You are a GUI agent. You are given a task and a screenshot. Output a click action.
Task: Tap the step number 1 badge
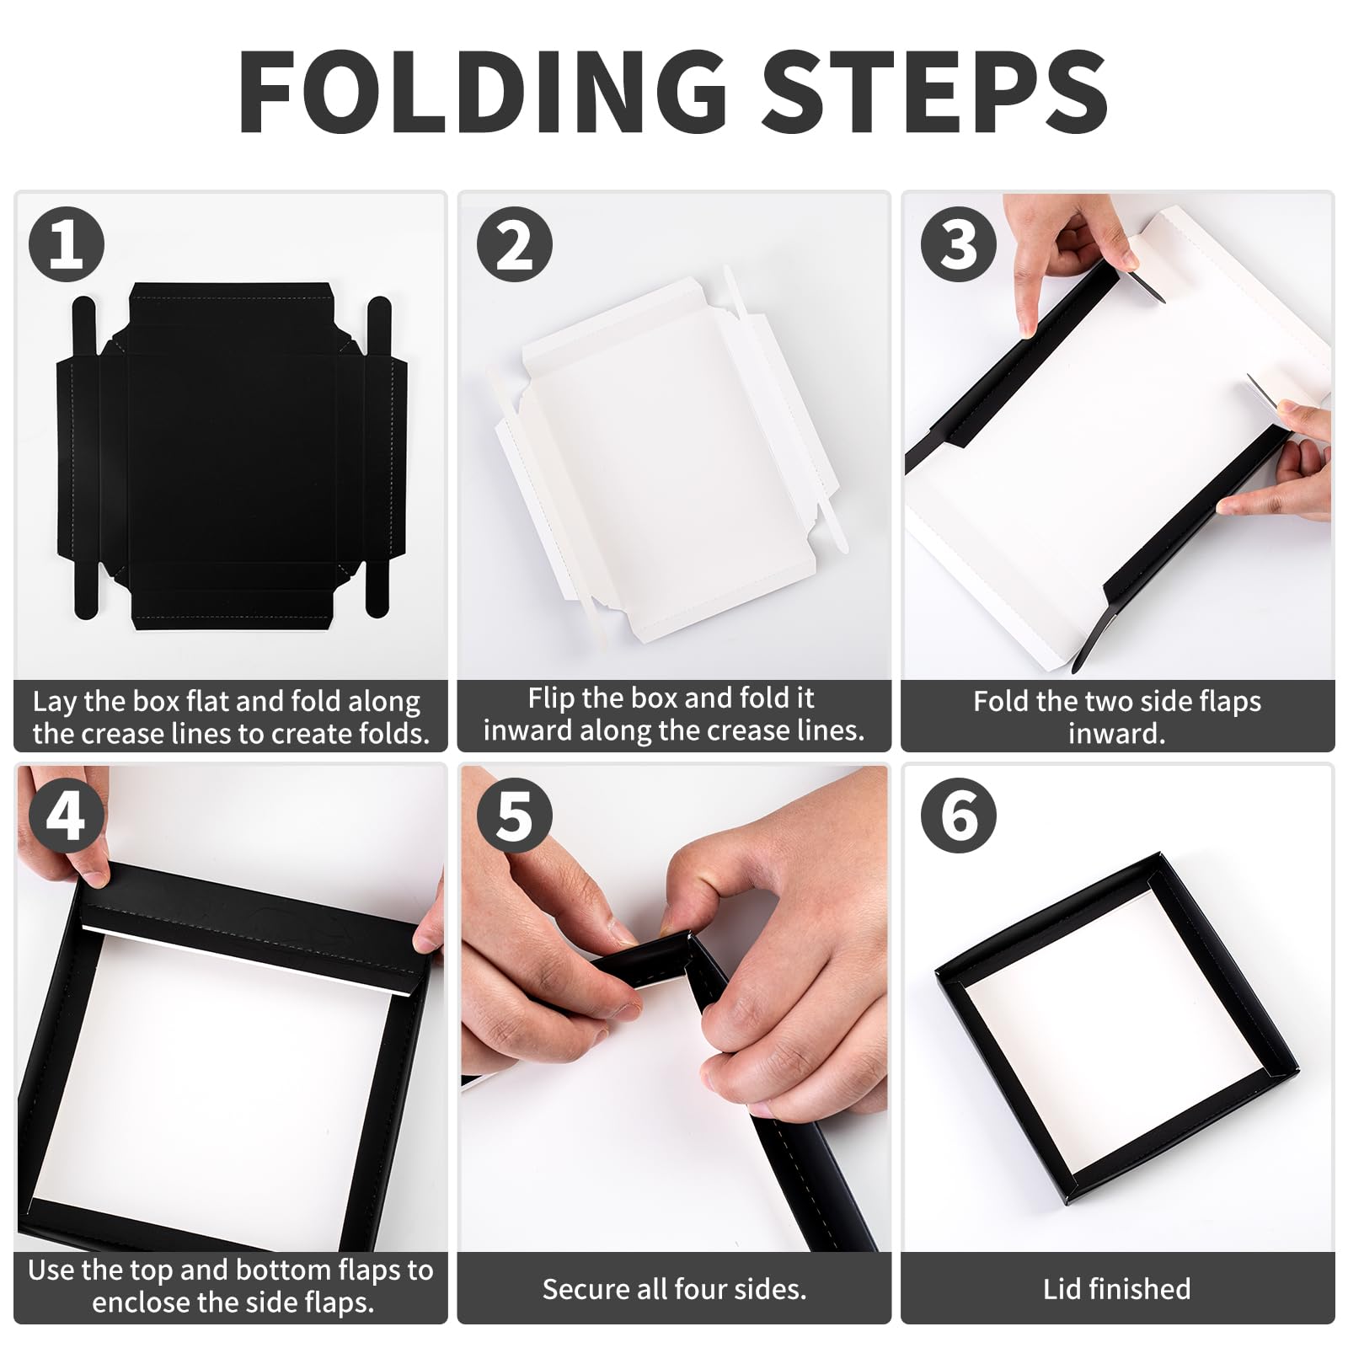point(67,244)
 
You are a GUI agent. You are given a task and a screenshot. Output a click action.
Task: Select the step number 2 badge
point(515,244)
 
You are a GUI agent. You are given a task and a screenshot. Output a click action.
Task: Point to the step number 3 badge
point(959,244)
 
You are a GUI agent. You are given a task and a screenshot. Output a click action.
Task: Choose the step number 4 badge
point(67,816)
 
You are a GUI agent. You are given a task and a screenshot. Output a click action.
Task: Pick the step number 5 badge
point(515,816)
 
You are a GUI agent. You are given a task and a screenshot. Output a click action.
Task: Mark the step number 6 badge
point(959,816)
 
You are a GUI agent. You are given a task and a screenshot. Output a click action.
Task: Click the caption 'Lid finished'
point(1117,1289)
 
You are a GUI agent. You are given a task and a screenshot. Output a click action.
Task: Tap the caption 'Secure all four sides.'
point(674,1289)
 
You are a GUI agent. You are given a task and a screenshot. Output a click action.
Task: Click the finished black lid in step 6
point(1117,1029)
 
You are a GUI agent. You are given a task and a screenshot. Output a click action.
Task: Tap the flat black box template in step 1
point(232,456)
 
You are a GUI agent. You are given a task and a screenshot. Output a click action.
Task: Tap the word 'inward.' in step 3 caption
point(1117,734)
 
